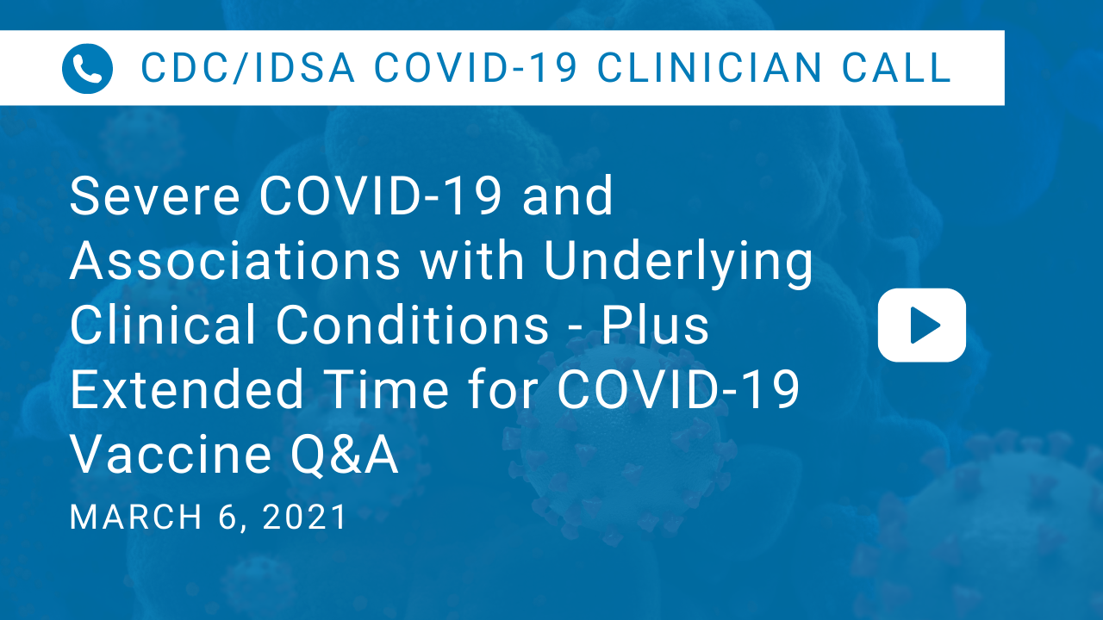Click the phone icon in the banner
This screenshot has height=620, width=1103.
pyautogui.click(x=87, y=68)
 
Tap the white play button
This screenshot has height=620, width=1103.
pyautogui.click(x=922, y=325)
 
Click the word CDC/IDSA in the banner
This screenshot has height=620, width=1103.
pyautogui.click(x=247, y=67)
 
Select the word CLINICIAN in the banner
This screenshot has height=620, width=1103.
pyautogui.click(x=709, y=67)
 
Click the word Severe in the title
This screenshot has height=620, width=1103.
pyautogui.click(x=154, y=195)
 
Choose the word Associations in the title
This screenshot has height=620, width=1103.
pyautogui.click(x=235, y=260)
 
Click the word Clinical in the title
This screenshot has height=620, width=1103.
pyautogui.click(x=163, y=325)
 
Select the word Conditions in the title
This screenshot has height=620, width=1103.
pyautogui.click(x=412, y=325)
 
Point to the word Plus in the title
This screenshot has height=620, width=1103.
pyautogui.click(x=656, y=325)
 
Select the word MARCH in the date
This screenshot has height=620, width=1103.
pyautogui.click(x=136, y=517)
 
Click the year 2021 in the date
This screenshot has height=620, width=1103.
pyautogui.click(x=305, y=517)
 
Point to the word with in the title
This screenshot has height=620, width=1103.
pyautogui.click(x=472, y=260)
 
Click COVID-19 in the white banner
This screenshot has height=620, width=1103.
pyautogui.click(x=475, y=67)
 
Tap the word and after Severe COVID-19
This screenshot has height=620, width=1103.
pyautogui.click(x=567, y=195)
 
